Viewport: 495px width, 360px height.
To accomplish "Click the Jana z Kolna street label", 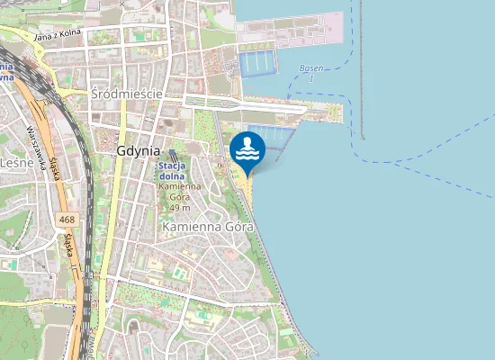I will pyautogui.click(x=57, y=35).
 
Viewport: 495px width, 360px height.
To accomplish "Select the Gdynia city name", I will pyautogui.click(x=138, y=151).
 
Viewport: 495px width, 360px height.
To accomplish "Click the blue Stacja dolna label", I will pyautogui.click(x=172, y=171).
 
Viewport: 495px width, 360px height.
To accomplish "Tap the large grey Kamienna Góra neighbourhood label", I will pyautogui.click(x=209, y=228).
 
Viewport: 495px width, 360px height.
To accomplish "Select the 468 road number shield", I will pyautogui.click(x=65, y=219).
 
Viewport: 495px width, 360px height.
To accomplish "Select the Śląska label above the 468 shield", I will pyautogui.click(x=53, y=170).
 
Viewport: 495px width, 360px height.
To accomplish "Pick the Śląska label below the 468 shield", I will pyautogui.click(x=68, y=247).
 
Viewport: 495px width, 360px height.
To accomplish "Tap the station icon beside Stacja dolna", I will pyautogui.click(x=173, y=155).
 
